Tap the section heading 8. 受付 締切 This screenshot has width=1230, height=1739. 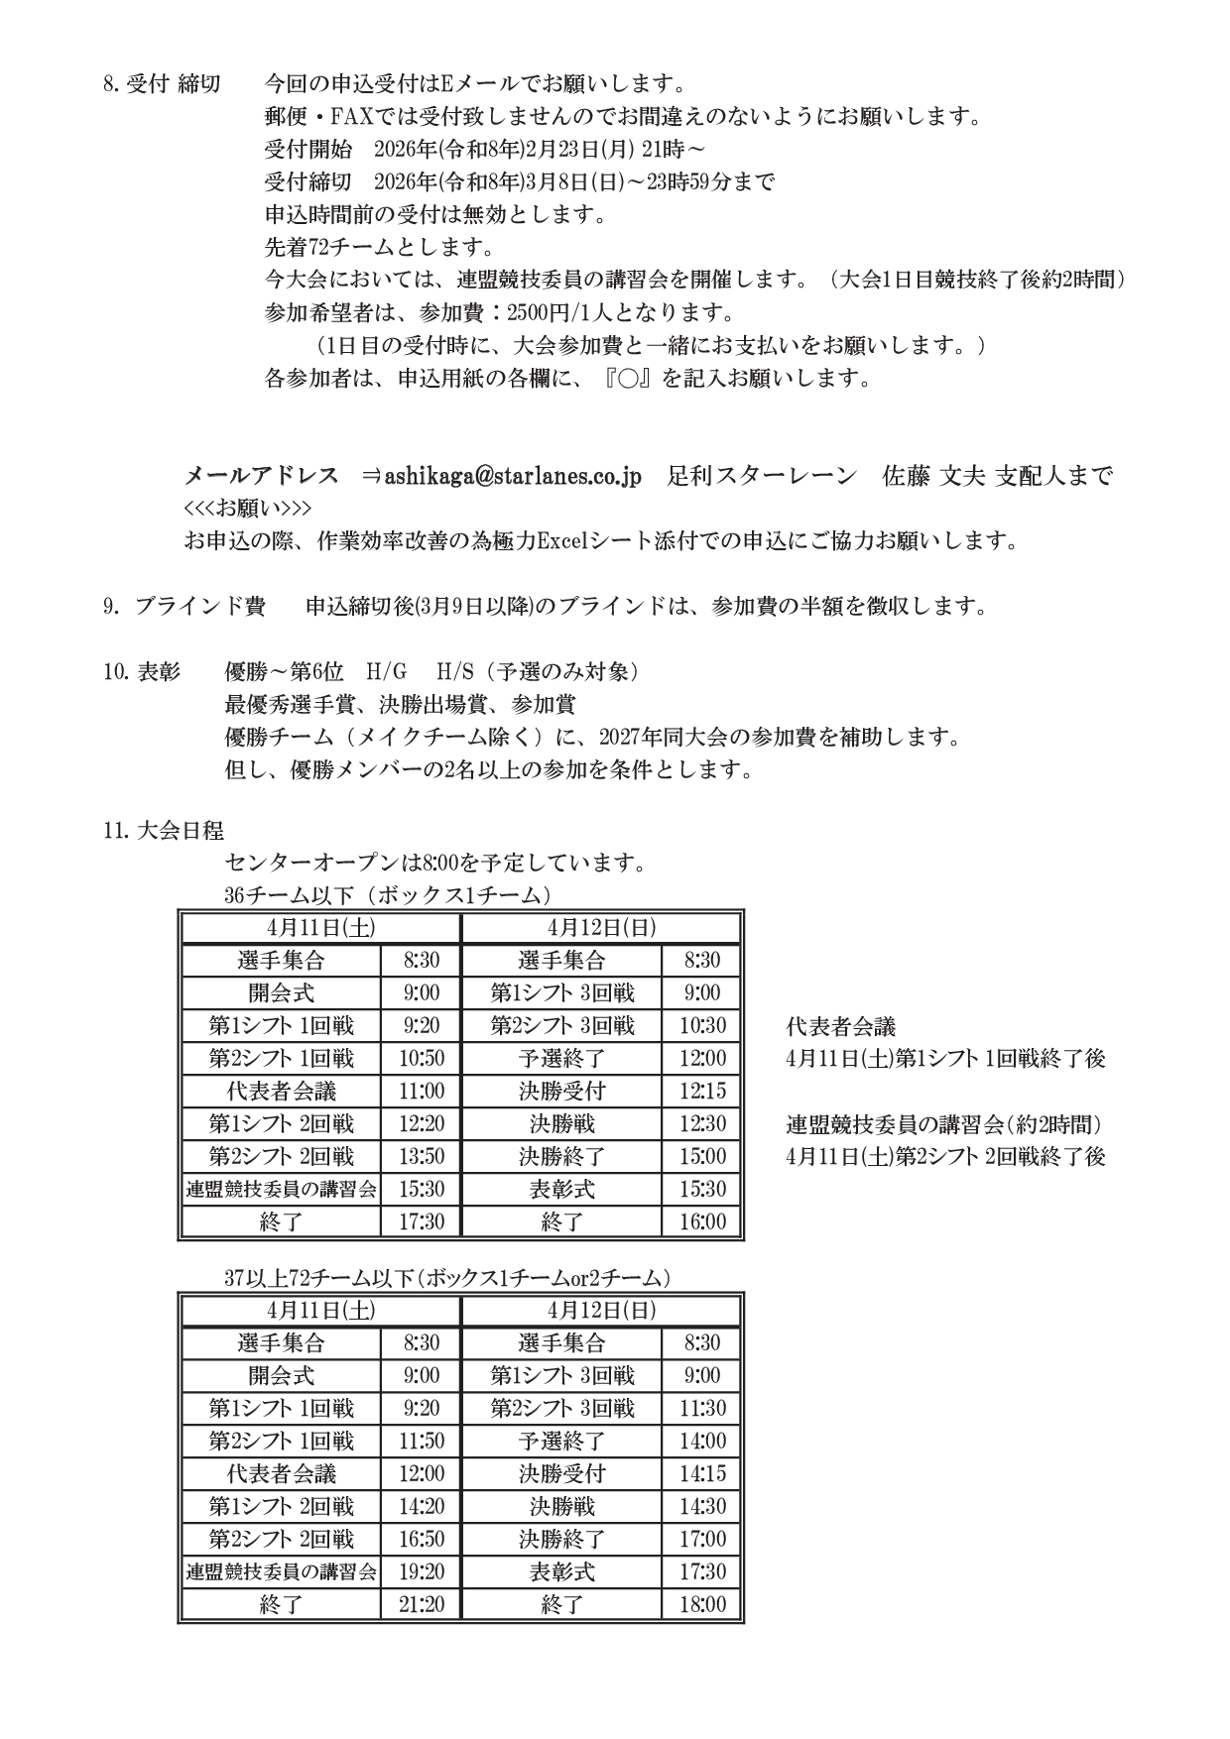(162, 84)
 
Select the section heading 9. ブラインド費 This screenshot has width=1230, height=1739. (184, 607)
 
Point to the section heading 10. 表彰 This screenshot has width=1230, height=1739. (142, 672)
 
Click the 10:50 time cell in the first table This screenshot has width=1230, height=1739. (422, 1058)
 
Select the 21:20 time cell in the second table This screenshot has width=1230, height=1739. (422, 1604)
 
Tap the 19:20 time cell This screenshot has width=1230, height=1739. (422, 1571)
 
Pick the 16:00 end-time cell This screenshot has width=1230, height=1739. (702, 1221)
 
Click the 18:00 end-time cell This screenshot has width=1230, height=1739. (702, 1604)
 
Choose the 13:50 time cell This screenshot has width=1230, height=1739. (422, 1156)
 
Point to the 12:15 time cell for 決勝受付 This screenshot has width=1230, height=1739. (702, 1091)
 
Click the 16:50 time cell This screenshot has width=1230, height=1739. (422, 1539)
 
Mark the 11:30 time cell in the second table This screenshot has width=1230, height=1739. (702, 1408)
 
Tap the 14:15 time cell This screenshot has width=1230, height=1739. (702, 1473)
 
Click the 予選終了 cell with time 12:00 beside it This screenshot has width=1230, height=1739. (561, 1058)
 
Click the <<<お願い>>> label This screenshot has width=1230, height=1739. (248, 509)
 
